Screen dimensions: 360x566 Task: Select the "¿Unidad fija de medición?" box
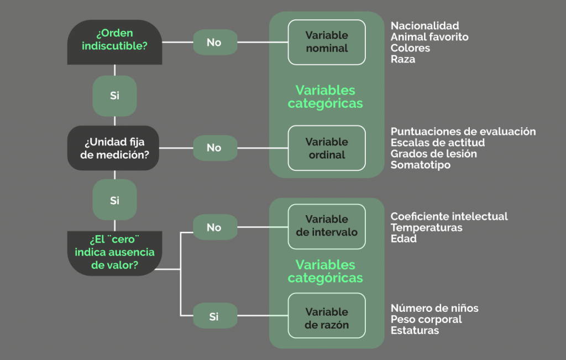114,148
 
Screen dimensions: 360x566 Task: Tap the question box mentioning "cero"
114,253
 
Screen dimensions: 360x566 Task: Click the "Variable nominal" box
327,42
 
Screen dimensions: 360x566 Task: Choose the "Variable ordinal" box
327,148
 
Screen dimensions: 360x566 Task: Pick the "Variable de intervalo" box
327,226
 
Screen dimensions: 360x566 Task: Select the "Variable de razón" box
327,318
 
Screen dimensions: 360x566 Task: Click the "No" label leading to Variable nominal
214,43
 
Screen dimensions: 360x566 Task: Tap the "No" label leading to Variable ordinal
214,148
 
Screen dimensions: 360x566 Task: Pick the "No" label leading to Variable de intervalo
214,227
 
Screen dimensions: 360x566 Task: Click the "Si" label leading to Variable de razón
214,317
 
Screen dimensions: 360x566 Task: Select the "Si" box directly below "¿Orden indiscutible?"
114,96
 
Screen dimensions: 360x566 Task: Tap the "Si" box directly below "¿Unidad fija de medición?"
114,200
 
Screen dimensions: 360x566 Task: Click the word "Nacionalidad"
424,26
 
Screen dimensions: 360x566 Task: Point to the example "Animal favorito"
429,37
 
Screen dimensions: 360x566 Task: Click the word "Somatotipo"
421,165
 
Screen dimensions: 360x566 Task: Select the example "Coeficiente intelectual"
449,216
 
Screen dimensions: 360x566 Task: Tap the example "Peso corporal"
426,319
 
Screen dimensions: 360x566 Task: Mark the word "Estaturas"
415,331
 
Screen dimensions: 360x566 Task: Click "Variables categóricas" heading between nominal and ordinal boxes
326,97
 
